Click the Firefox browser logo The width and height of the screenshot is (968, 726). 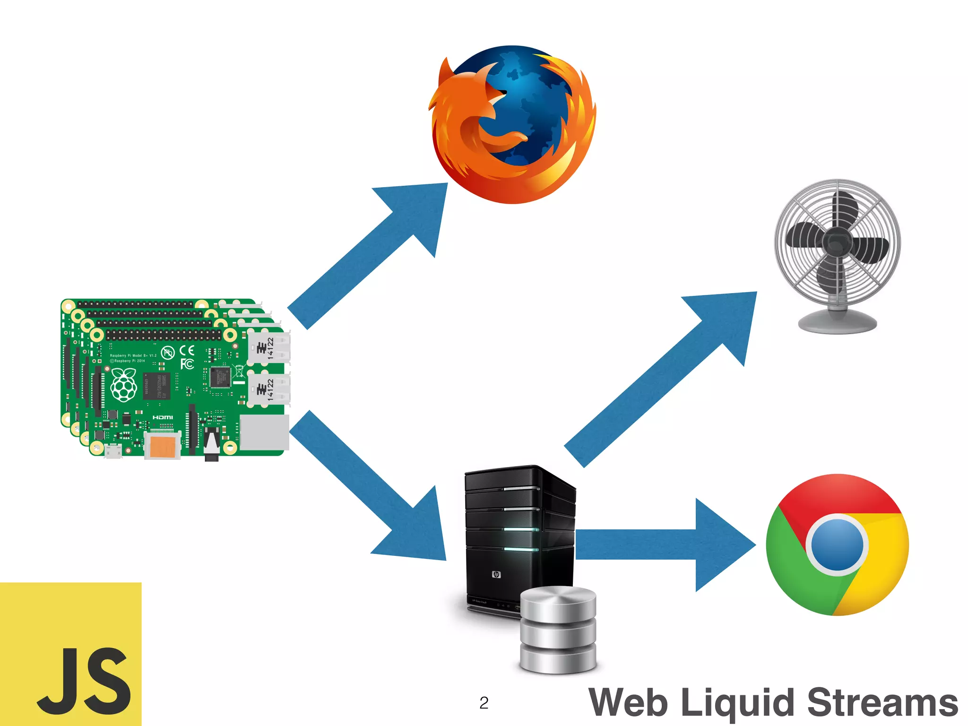coord(513,125)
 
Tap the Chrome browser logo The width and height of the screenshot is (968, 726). coord(837,544)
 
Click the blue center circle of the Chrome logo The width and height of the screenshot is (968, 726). coord(837,544)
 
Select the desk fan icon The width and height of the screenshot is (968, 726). coord(837,255)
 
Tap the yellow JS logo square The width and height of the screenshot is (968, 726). coord(71,655)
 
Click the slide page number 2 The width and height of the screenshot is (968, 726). coord(484,703)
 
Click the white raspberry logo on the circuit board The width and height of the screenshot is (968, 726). coord(124,385)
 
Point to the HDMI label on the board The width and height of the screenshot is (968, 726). coord(163,417)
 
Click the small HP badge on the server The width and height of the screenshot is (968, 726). coord(496,574)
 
